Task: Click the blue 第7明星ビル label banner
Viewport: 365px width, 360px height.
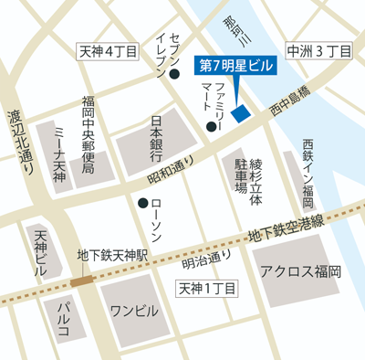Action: coord(235,66)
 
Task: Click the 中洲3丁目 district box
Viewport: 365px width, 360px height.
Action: coord(318,52)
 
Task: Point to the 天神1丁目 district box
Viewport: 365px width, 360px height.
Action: coord(206,290)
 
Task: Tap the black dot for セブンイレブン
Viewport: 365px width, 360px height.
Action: coord(172,88)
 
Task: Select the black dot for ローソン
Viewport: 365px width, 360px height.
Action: coord(141,203)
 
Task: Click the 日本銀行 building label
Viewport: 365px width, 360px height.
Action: coord(156,137)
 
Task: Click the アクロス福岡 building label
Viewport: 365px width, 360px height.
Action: coord(299,271)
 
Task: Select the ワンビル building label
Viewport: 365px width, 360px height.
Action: coord(134,309)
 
